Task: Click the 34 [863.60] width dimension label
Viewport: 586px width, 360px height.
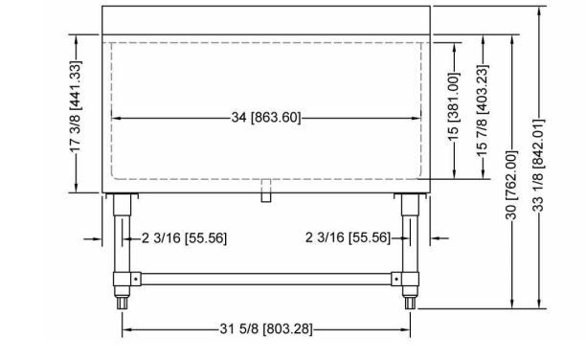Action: (x=266, y=118)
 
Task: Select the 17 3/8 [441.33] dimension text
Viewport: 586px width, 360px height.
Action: (x=75, y=107)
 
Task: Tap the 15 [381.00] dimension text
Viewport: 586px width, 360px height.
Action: (x=453, y=106)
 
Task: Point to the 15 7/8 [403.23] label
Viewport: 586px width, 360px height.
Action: (x=483, y=111)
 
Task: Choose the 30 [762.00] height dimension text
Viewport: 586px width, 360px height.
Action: (x=511, y=185)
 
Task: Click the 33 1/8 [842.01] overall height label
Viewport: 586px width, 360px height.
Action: (x=538, y=165)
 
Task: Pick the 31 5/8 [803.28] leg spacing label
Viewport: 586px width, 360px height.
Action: (x=266, y=329)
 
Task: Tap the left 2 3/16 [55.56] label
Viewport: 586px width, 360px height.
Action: (x=184, y=237)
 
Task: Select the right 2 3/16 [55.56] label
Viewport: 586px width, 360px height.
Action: (x=348, y=237)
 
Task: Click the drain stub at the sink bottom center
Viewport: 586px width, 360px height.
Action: (x=266, y=191)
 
